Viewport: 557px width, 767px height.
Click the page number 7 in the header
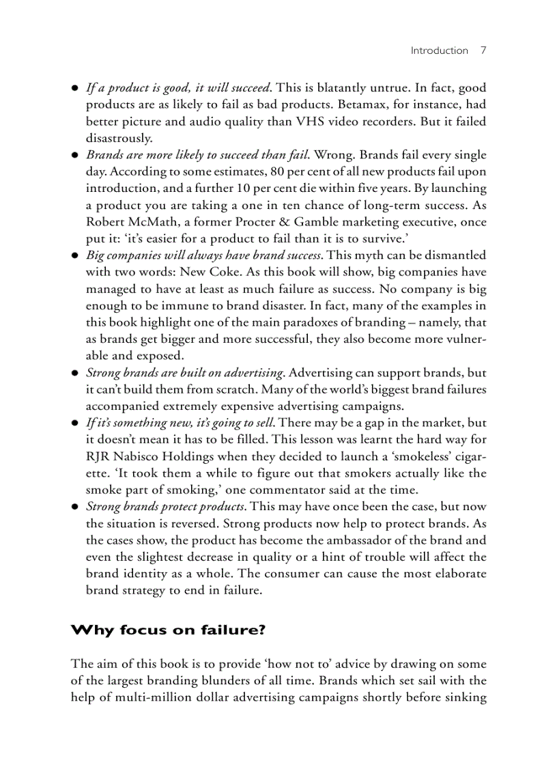click(x=483, y=51)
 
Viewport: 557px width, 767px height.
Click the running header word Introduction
click(x=439, y=51)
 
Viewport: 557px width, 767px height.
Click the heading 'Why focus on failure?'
click(x=168, y=630)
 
